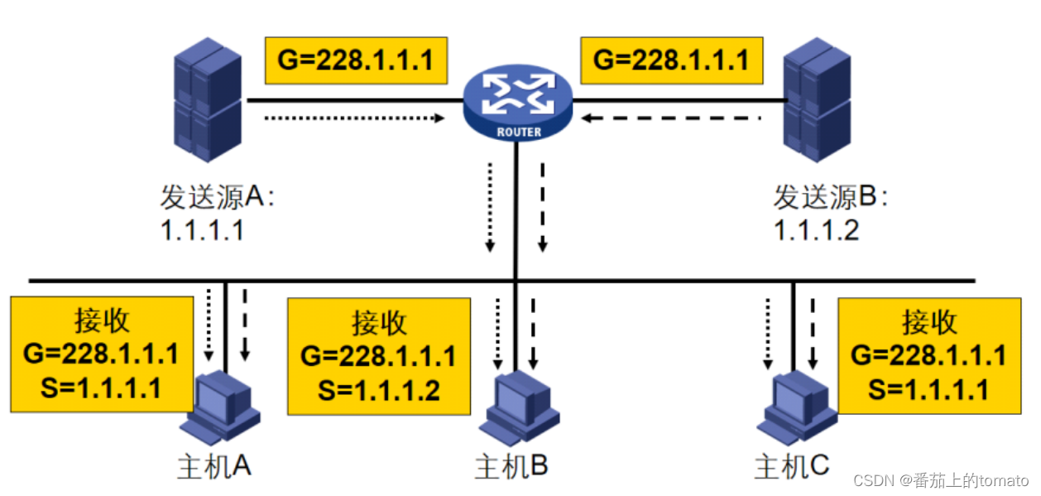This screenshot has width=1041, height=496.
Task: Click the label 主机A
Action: [x=213, y=467]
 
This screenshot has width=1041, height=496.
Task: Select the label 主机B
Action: [x=511, y=467]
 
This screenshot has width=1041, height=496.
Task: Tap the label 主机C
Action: [x=791, y=467]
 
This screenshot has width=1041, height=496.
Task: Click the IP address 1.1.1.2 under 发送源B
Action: [x=816, y=229]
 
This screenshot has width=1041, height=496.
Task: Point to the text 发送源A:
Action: [x=217, y=198]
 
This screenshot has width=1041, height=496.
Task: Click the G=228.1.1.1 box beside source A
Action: [x=356, y=60]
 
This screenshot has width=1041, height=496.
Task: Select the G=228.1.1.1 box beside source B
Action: [x=672, y=60]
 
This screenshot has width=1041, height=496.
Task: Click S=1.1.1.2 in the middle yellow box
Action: [x=378, y=389]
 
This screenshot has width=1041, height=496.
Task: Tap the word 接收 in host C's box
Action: [x=929, y=321]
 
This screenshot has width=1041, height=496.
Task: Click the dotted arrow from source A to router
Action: [x=354, y=118]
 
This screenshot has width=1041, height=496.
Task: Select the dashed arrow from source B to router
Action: [x=669, y=118]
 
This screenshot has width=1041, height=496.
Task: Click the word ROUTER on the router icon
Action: [x=519, y=132]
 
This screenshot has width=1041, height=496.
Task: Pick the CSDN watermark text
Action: [x=941, y=480]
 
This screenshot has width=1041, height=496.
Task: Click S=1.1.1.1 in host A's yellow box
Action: [x=101, y=387]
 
